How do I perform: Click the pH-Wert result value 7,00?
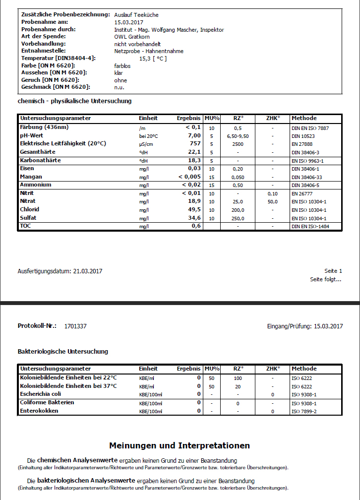(194, 135)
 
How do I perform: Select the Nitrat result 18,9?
(194, 201)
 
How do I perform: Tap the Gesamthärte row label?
(38, 152)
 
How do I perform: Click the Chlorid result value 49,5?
(194, 210)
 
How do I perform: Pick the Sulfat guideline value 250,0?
(238, 218)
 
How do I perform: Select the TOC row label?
(25, 226)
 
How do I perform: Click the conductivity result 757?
(195, 144)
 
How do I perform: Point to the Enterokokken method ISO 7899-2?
(304, 411)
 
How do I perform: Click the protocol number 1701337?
(75, 326)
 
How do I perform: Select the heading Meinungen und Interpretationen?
(180, 445)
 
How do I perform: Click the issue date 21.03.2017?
(88, 271)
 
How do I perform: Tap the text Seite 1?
(333, 271)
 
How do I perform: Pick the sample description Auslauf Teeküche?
(136, 15)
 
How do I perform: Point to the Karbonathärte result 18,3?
(194, 161)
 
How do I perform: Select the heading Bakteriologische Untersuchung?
(62, 352)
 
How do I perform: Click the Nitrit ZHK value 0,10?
(273, 193)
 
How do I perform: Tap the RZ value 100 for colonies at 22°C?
(238, 378)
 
